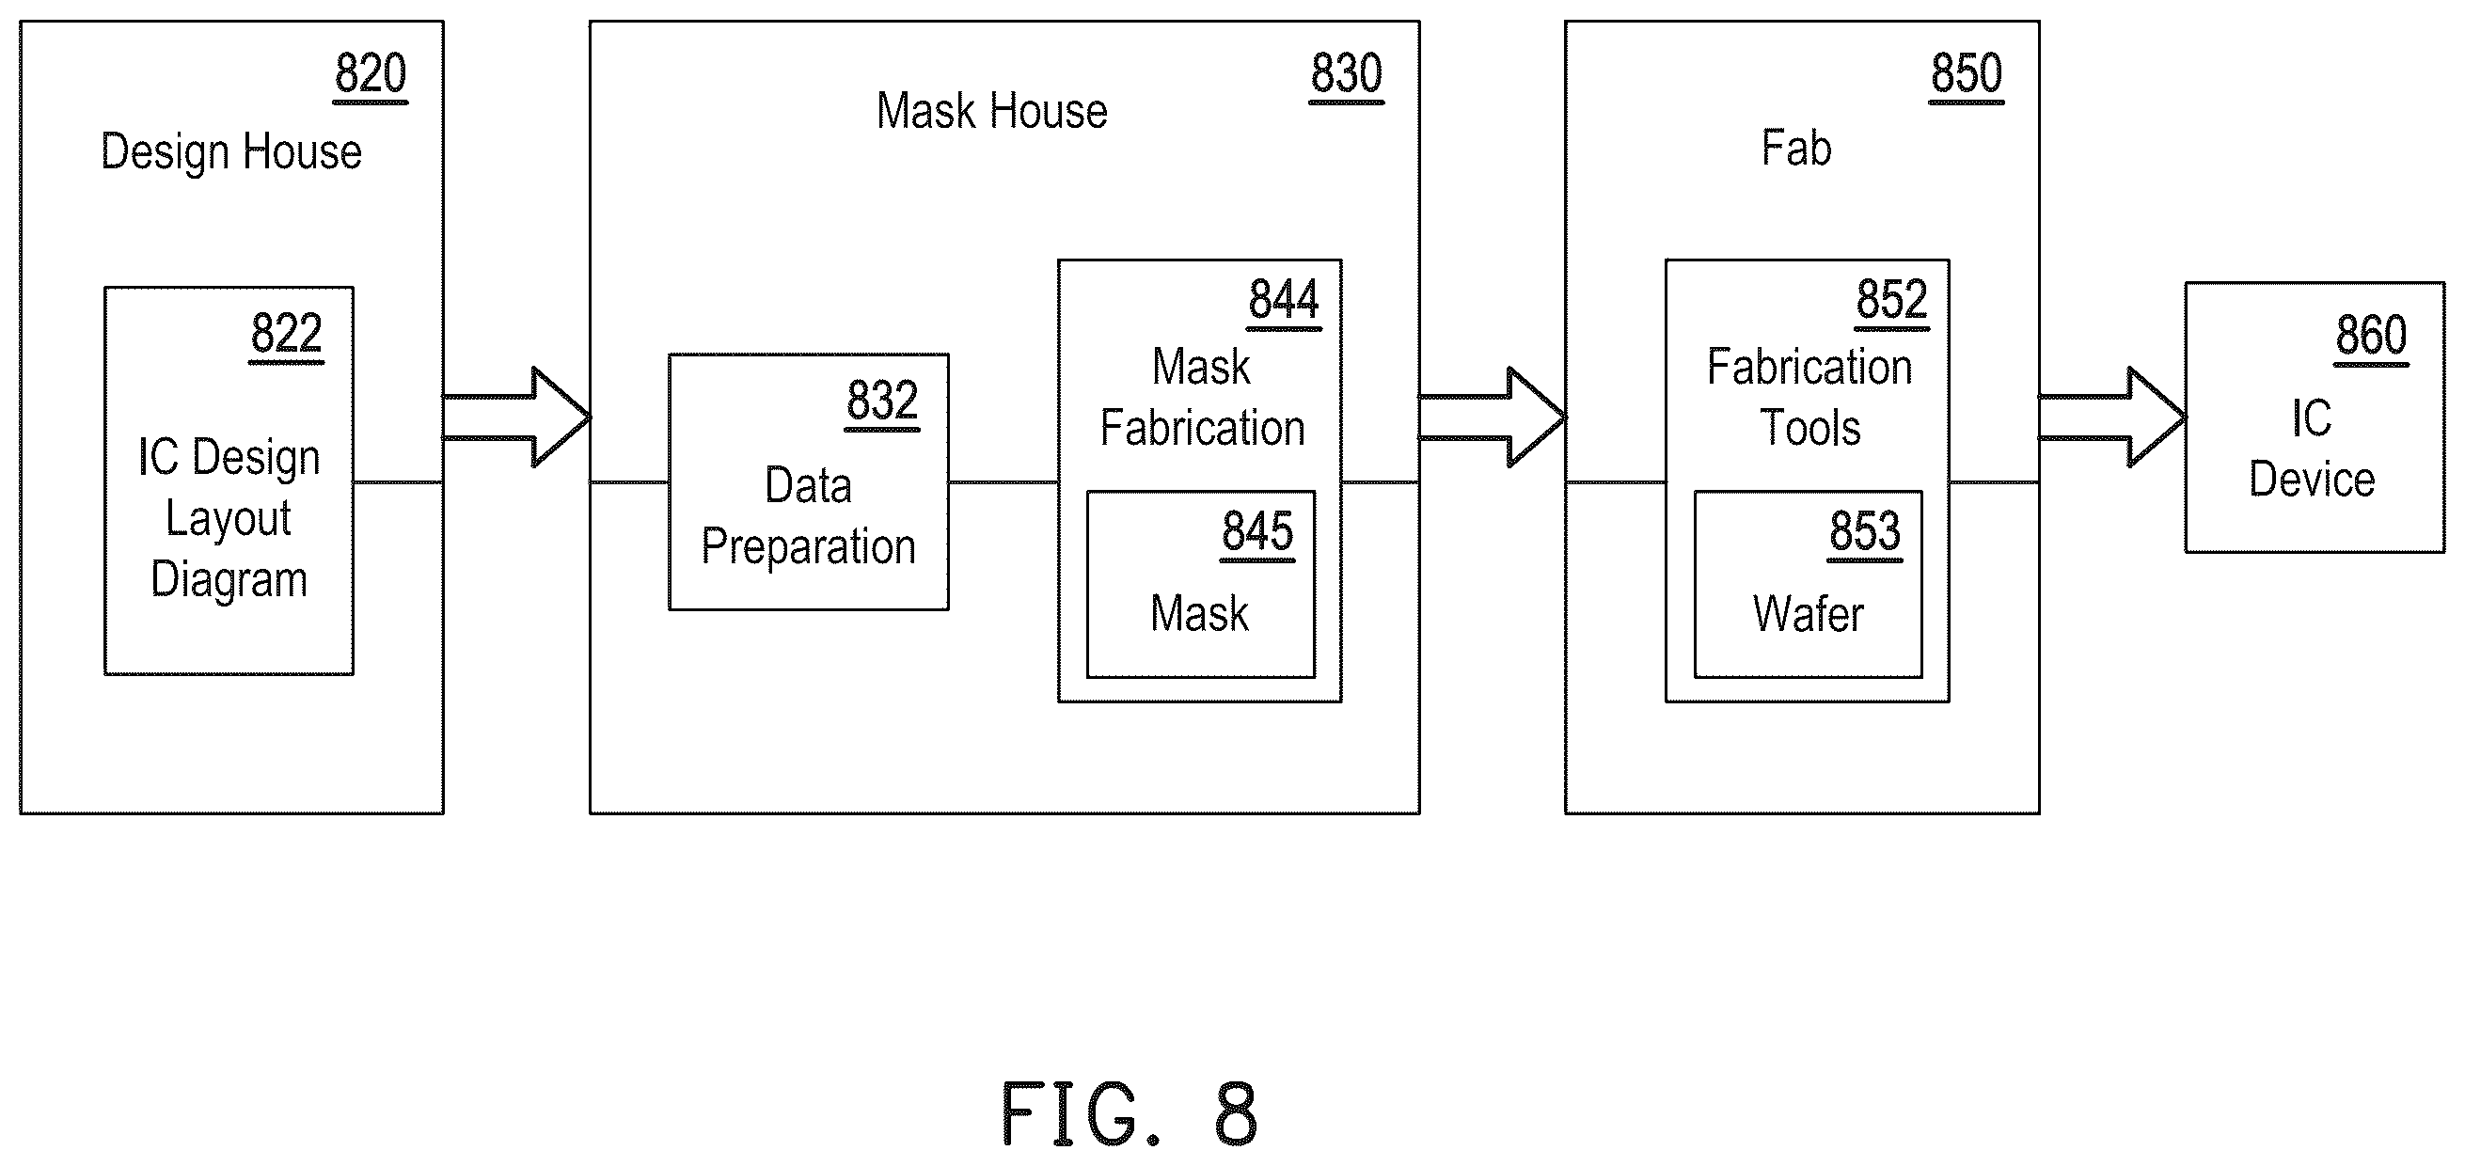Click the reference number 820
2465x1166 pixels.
click(371, 73)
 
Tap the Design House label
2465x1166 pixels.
click(231, 151)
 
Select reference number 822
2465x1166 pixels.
click(286, 334)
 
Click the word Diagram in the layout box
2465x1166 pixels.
click(229, 579)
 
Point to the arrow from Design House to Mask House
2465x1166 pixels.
click(516, 418)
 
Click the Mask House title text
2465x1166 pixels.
click(992, 111)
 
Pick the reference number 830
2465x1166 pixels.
click(1347, 73)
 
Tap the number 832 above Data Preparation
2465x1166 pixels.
click(882, 401)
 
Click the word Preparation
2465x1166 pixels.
click(809, 546)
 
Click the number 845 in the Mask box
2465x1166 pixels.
click(1257, 532)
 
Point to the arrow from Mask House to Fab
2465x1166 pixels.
click(1493, 418)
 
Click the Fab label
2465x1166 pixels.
click(1797, 149)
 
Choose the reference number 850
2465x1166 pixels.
click(1967, 73)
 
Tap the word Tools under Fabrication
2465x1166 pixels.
click(1810, 428)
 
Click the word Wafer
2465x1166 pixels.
click(1809, 614)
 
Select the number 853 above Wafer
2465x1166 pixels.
click(1865, 532)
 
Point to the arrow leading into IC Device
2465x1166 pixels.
click(2113, 418)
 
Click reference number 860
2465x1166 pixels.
click(2371, 336)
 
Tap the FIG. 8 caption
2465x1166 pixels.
click(1130, 1113)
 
